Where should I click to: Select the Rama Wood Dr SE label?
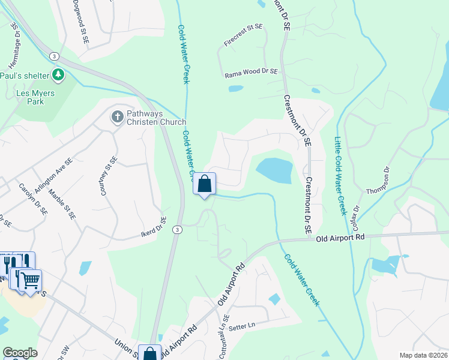pos(252,74)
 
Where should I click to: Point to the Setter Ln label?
pos(242,325)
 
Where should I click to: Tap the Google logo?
pos(20,353)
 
